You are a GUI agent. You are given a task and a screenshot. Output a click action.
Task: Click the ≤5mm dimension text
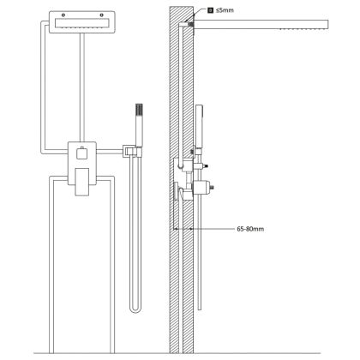[225, 10]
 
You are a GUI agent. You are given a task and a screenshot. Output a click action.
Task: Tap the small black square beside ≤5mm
[210, 10]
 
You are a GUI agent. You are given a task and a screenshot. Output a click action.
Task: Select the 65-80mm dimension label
[250, 229]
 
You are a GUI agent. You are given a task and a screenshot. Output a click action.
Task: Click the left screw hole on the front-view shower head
[63, 15]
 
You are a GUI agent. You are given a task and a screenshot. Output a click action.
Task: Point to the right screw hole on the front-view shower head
[101, 15]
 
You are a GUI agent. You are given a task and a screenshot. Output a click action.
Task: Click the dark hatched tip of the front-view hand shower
[139, 109]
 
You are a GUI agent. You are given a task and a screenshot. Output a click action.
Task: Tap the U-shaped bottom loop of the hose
[135, 310]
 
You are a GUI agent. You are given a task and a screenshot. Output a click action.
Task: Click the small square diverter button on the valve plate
[82, 153]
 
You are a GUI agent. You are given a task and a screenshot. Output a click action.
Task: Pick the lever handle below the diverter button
[82, 182]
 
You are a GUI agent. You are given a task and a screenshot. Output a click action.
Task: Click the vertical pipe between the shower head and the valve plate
[82, 87]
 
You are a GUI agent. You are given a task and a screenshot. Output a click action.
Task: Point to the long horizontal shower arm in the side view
[261, 25]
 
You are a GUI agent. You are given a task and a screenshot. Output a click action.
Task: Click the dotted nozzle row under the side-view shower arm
[303, 29]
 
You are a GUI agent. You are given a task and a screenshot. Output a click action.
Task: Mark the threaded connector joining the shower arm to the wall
[191, 25]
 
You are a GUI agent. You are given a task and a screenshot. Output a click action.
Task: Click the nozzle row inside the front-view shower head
[82, 27]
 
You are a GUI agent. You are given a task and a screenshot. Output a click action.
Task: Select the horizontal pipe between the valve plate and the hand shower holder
[110, 152]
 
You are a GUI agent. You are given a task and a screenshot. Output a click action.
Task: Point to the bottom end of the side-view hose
[200, 309]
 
